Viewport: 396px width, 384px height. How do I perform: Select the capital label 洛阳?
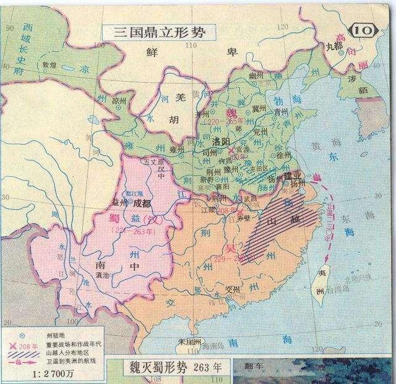[221, 142]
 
